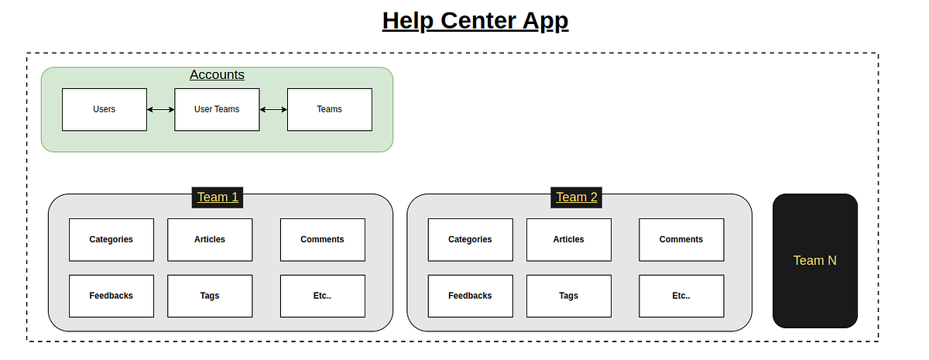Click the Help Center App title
(x=475, y=21)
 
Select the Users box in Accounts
(x=104, y=109)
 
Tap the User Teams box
(x=217, y=109)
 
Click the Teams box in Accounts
(x=329, y=109)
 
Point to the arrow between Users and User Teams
(x=160, y=109)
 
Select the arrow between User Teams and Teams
(x=273, y=109)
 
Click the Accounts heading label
(x=217, y=75)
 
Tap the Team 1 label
(x=218, y=197)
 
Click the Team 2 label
(x=577, y=197)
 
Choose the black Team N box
(x=814, y=261)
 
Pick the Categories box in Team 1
(x=111, y=239)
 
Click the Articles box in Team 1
(x=210, y=239)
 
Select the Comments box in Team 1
(x=322, y=239)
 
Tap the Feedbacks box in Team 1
(x=111, y=296)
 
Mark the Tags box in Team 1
(x=210, y=296)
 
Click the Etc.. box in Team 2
(x=681, y=296)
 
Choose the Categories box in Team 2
(x=470, y=239)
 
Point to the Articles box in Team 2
(x=568, y=239)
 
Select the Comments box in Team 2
(x=681, y=239)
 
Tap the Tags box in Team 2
(x=568, y=296)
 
